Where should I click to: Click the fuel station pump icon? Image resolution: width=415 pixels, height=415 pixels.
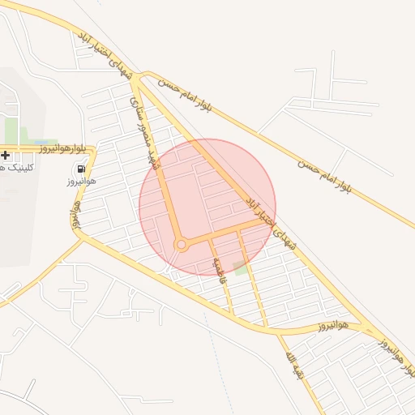tap(81, 169)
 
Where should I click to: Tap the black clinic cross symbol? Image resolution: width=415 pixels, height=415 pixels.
tap(5, 155)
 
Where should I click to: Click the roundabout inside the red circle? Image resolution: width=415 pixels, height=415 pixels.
tap(182, 244)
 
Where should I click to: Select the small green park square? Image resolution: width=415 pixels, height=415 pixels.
tap(240, 267)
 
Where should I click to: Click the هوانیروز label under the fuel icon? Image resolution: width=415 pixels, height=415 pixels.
tap(81, 182)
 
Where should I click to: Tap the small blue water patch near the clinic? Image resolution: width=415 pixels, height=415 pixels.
tap(41, 142)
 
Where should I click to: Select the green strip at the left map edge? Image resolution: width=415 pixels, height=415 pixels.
tap(11, 130)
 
